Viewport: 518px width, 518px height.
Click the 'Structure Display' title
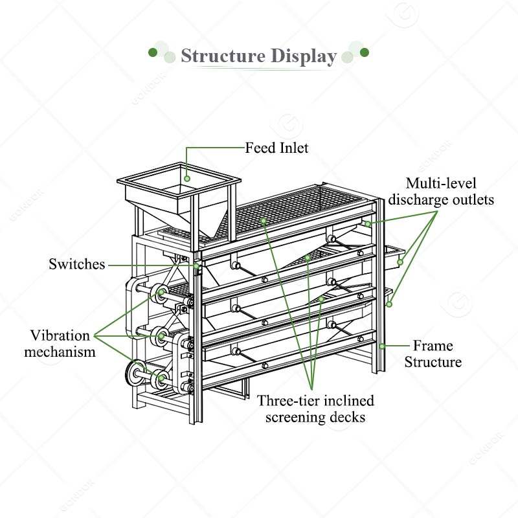(258, 56)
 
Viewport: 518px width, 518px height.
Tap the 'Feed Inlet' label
(276, 148)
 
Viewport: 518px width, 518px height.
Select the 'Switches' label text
(76, 264)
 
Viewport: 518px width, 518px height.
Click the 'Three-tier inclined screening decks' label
(315, 409)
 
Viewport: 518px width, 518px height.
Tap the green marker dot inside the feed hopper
(186, 177)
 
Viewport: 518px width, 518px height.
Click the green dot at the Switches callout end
(196, 265)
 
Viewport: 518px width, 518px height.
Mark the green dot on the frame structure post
(382, 346)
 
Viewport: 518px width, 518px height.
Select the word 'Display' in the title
(299, 56)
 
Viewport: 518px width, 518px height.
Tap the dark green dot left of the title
(153, 51)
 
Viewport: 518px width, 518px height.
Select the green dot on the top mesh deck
(264, 221)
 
